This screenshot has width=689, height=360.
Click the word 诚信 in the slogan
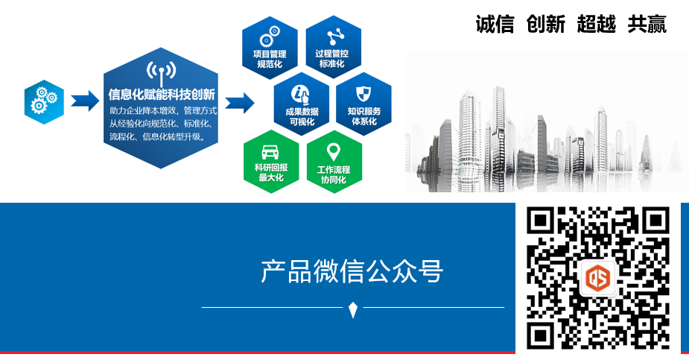(x=495, y=25)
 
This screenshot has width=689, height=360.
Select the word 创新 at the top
(x=545, y=25)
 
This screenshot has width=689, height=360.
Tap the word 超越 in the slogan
(x=596, y=25)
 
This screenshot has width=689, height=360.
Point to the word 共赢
(x=647, y=25)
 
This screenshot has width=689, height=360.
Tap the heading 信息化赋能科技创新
(x=162, y=95)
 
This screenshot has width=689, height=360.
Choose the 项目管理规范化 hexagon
(x=270, y=46)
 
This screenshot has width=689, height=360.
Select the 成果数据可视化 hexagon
(x=301, y=104)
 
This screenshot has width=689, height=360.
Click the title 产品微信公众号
(x=352, y=271)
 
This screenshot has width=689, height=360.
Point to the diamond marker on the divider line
(x=353, y=307)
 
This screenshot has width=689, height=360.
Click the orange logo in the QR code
(x=600, y=279)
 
